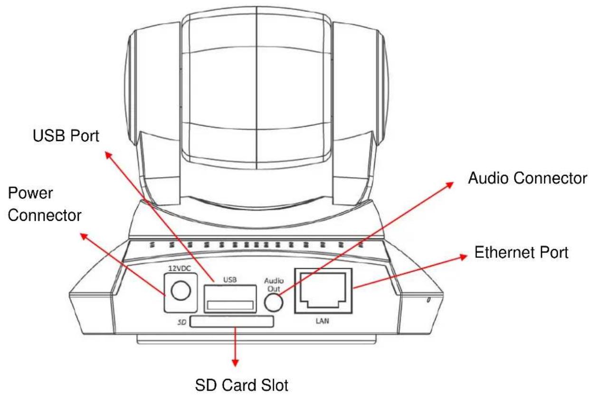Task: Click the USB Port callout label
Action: pyautogui.click(x=66, y=136)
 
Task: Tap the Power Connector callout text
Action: pyautogui.click(x=45, y=204)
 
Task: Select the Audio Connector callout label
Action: pyautogui.click(x=527, y=178)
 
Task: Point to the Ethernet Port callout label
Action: pyautogui.click(x=522, y=252)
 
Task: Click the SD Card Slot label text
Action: pyautogui.click(x=242, y=385)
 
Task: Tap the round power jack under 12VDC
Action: pyautogui.click(x=180, y=291)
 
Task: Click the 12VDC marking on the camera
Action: pyautogui.click(x=180, y=268)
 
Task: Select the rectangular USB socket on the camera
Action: pyautogui.click(x=230, y=299)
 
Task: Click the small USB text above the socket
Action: pyautogui.click(x=230, y=280)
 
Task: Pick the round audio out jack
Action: pyautogui.click(x=274, y=302)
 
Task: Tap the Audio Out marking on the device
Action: pyautogui.click(x=274, y=285)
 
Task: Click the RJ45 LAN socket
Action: pyautogui.click(x=323, y=291)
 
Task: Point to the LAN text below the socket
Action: pyautogui.click(x=323, y=321)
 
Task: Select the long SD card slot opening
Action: pyautogui.click(x=232, y=322)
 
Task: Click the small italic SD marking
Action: pyautogui.click(x=182, y=322)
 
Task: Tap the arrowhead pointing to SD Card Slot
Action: pyautogui.click(x=235, y=363)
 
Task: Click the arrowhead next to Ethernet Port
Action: pyautogui.click(x=463, y=257)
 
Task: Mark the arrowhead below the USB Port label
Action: pyautogui.click(x=108, y=155)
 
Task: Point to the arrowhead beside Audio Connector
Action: pyautogui.click(x=450, y=184)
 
